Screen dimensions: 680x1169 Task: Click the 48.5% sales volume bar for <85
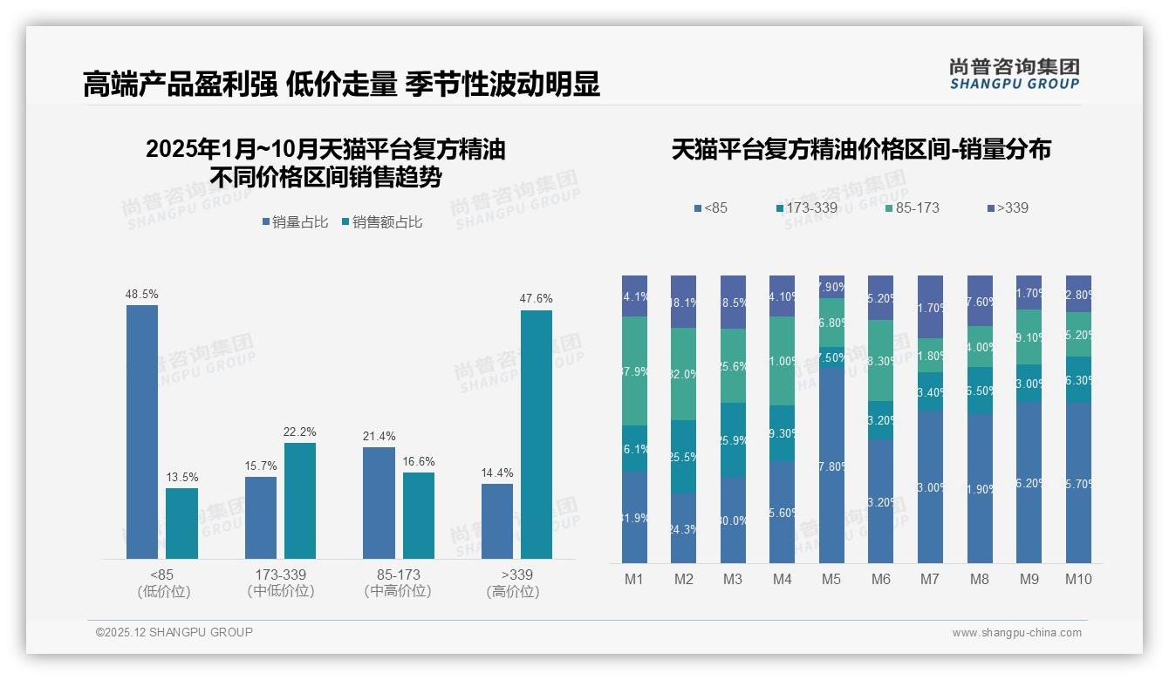click(142, 432)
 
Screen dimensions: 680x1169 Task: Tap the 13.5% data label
click(182, 478)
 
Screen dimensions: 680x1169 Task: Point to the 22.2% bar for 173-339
click(300, 500)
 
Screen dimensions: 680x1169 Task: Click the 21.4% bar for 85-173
click(379, 503)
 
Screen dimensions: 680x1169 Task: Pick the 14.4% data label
click(497, 473)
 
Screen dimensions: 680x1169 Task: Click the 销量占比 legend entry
click(295, 222)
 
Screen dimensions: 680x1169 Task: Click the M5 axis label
click(831, 579)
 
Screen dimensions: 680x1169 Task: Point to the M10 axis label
click(1078, 579)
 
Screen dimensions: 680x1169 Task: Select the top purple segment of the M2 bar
click(683, 302)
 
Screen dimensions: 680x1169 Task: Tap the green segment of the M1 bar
click(634, 371)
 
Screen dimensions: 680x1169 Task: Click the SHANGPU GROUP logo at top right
click(1015, 74)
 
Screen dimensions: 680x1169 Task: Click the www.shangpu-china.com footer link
click(1016, 633)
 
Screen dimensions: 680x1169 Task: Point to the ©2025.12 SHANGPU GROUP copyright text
click(174, 632)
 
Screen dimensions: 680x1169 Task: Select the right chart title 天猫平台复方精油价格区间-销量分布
click(860, 150)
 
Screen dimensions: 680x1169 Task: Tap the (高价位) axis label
click(513, 591)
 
